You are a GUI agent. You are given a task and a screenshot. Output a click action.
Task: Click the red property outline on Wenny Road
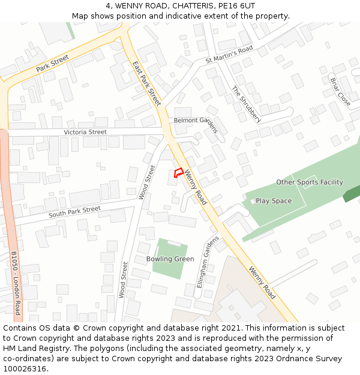click(178, 173)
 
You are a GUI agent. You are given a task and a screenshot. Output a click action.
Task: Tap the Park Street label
click(52, 63)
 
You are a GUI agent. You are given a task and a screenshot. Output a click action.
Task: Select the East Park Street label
click(147, 83)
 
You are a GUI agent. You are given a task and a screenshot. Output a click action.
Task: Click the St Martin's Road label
click(229, 55)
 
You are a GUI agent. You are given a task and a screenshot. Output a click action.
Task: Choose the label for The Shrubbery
click(246, 104)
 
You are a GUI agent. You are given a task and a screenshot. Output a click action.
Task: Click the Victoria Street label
click(85, 132)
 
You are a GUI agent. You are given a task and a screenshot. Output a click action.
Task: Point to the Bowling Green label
click(170, 259)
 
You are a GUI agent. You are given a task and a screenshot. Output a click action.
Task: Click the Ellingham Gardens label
click(208, 262)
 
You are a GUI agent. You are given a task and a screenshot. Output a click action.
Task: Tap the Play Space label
click(274, 201)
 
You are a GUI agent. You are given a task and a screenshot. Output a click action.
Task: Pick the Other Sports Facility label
click(310, 182)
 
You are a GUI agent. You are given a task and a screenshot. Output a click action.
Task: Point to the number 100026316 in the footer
click(24, 368)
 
